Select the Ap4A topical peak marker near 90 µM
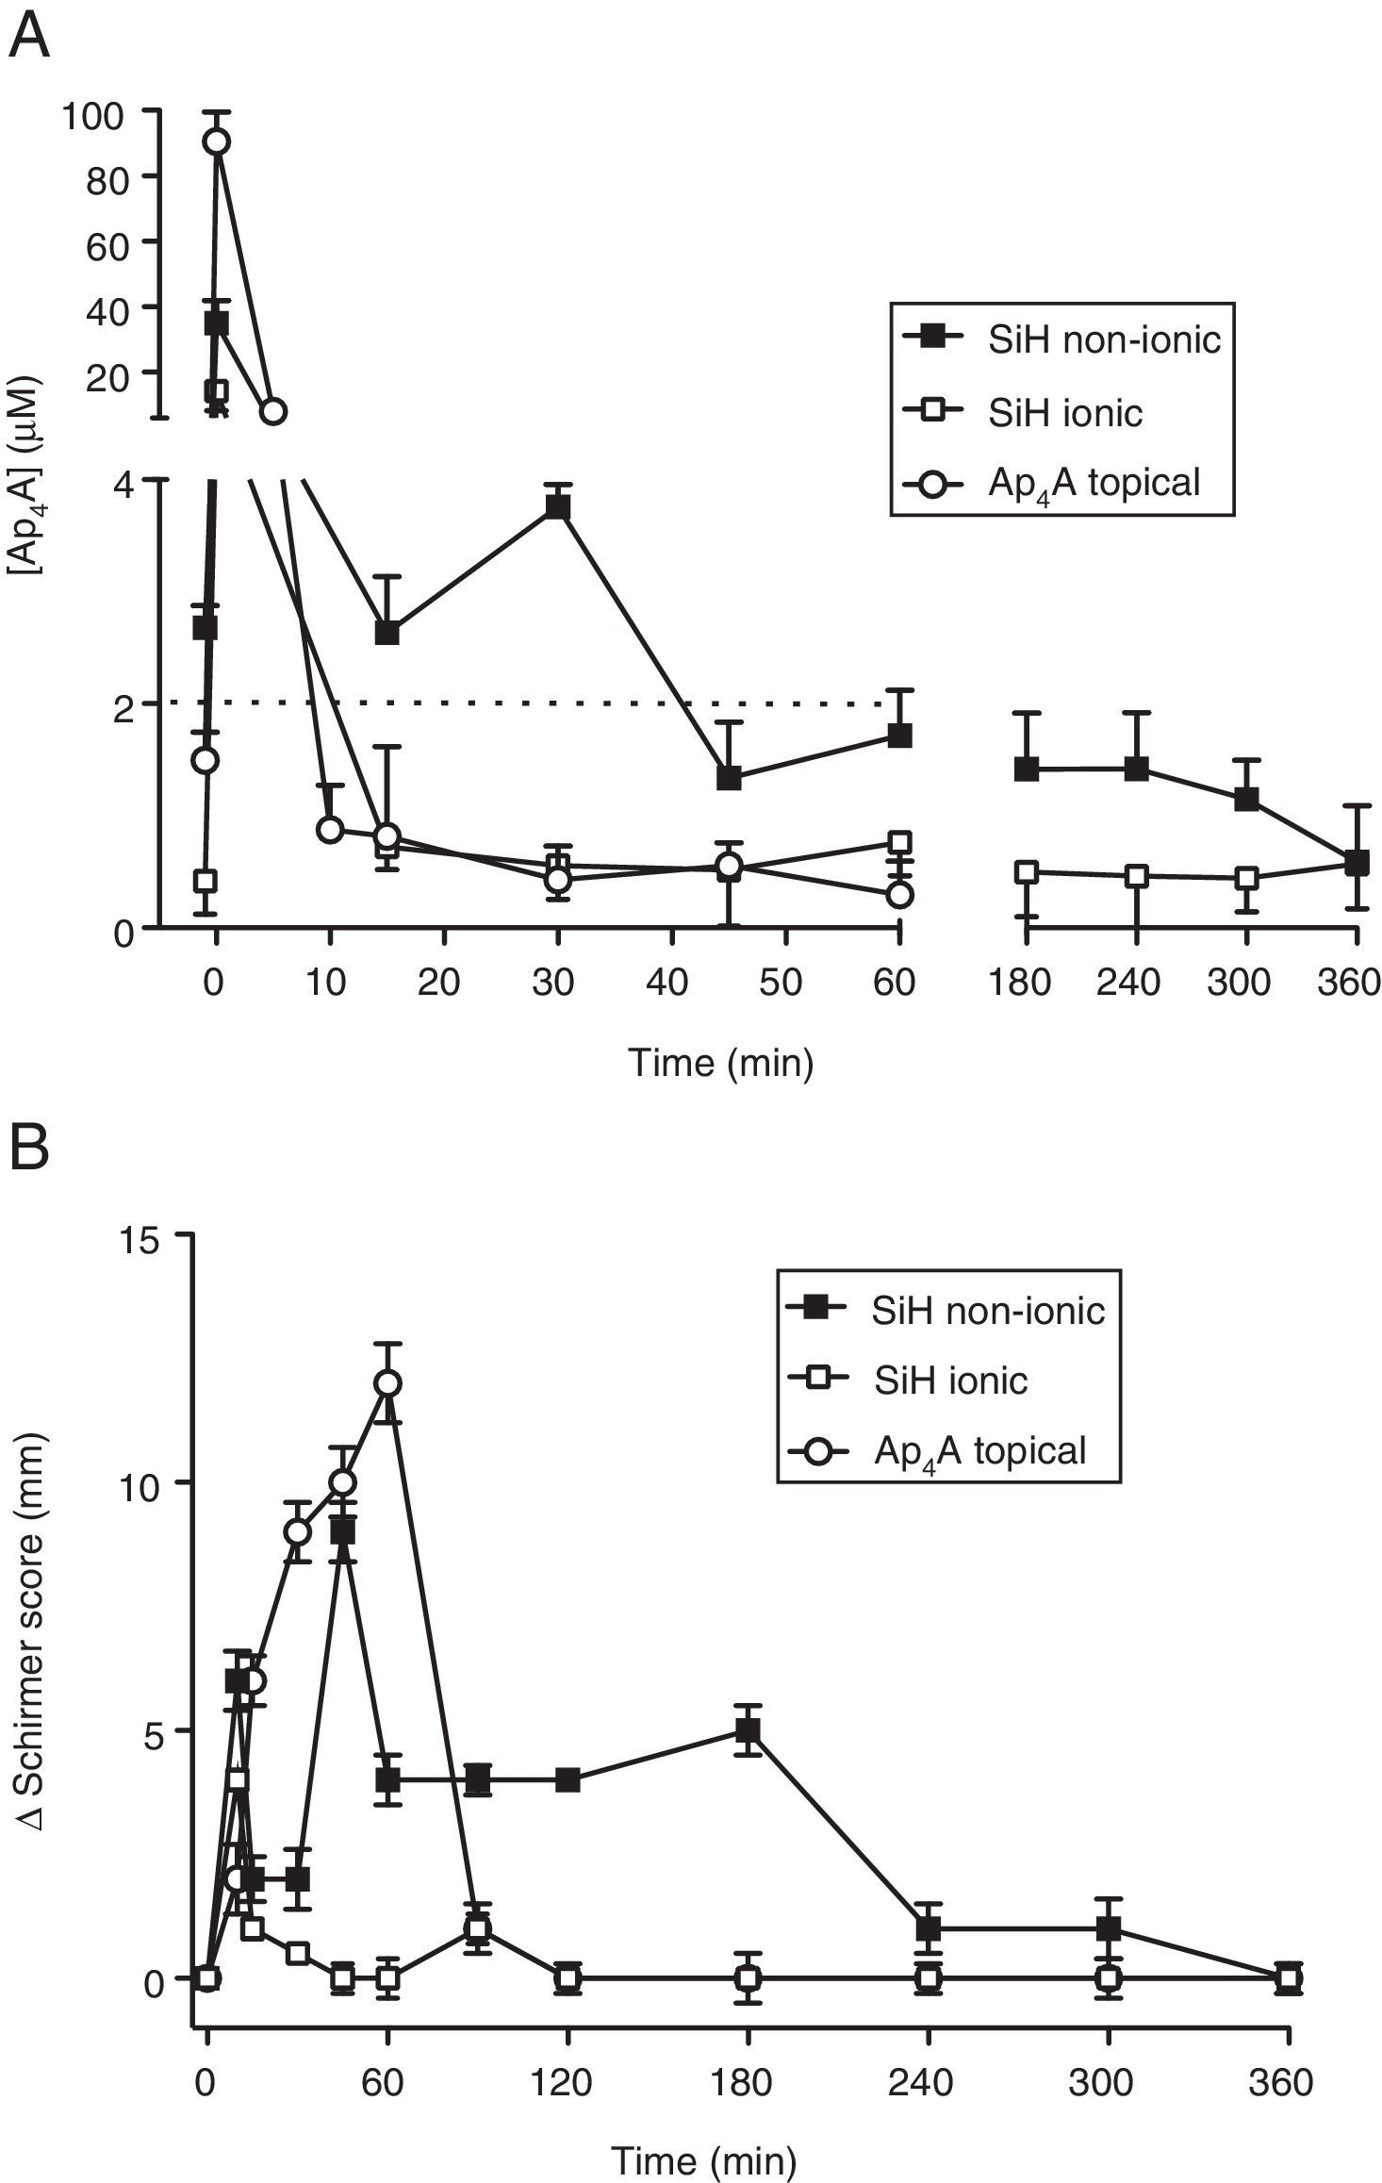pos(217,141)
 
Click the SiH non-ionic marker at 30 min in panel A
pos(558,507)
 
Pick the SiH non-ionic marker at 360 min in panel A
pos(1356,863)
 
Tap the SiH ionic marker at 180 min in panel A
pos(1026,872)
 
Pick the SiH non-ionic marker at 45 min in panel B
pos(343,1533)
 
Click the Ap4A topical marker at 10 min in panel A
pos(330,830)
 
